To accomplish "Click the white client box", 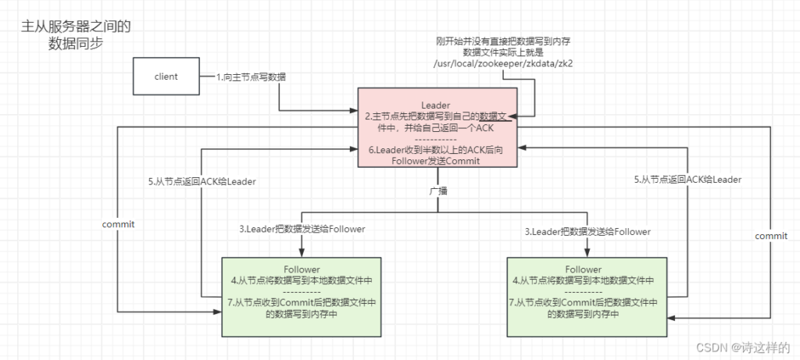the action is pyautogui.click(x=166, y=77).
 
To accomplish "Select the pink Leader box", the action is pyautogui.click(x=437, y=127).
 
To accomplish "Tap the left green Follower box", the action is pyautogui.click(x=301, y=297).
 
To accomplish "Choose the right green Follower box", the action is pyautogui.click(x=587, y=297).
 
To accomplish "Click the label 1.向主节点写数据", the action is pyautogui.click(x=251, y=77).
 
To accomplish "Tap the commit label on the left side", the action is pyautogui.click(x=119, y=224).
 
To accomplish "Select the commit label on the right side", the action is pyautogui.click(x=771, y=236).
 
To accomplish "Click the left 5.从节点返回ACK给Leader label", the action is pyautogui.click(x=202, y=181).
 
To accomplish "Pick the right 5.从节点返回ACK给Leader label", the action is pyautogui.click(x=687, y=180).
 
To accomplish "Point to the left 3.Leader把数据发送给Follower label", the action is pyautogui.click(x=302, y=229).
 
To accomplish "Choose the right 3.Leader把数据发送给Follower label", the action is pyautogui.click(x=588, y=231).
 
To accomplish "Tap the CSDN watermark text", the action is pyautogui.click(x=743, y=348).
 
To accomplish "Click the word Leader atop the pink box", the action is pyautogui.click(x=436, y=105).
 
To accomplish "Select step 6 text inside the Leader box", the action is pyautogui.click(x=437, y=155).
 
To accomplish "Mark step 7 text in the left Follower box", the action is pyautogui.click(x=301, y=308).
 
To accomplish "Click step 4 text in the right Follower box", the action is pyautogui.click(x=584, y=280).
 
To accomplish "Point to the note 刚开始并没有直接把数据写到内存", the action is pyautogui.click(x=506, y=41).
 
